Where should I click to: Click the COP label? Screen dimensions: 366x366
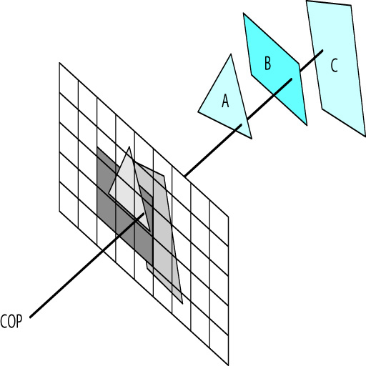click(x=11, y=322)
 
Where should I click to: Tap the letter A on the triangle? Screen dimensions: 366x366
click(x=225, y=100)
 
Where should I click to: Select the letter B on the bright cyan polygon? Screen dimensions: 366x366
click(x=268, y=63)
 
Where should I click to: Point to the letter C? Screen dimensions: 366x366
click(x=334, y=65)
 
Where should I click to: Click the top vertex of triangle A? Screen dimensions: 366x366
click(x=231, y=54)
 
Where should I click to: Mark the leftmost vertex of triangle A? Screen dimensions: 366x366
click(x=198, y=112)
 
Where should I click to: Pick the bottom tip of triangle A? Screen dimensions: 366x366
click(x=252, y=139)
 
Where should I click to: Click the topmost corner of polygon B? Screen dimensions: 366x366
click(x=244, y=14)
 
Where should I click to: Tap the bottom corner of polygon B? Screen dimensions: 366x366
click(x=307, y=125)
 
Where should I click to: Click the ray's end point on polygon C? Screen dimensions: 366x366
click(x=322, y=51)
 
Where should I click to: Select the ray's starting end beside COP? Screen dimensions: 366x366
click(x=30, y=317)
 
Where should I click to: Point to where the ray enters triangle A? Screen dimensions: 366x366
click(x=241, y=124)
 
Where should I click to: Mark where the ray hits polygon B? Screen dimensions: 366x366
click(x=291, y=79)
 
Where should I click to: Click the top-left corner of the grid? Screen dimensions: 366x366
click(x=59, y=63)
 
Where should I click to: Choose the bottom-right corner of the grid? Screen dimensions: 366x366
click(x=228, y=365)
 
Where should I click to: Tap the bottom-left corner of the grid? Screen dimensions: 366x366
click(x=59, y=211)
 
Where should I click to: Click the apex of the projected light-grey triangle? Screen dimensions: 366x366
click(x=129, y=147)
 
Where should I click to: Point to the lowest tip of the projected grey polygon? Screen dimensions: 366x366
click(x=182, y=303)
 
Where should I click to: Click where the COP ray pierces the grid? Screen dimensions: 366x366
click(x=143, y=214)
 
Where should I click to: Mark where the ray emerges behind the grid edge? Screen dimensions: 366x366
click(x=184, y=177)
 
